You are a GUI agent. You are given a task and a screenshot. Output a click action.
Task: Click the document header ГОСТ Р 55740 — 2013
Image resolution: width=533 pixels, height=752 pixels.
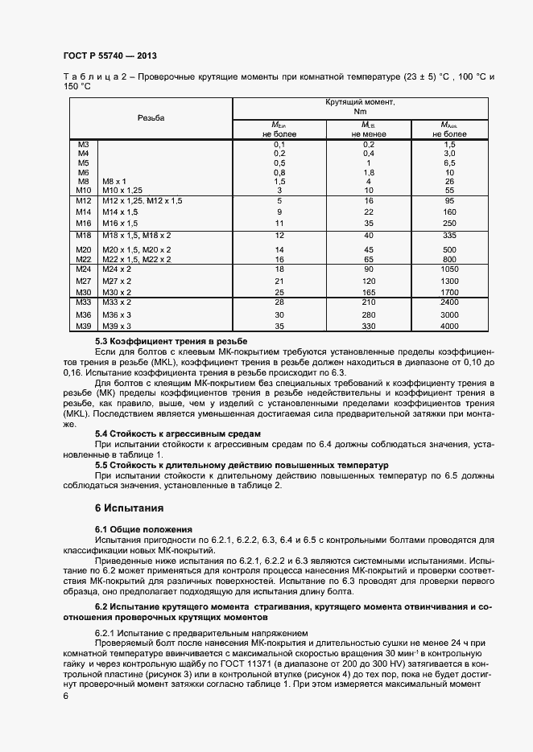pyautogui.click(x=109, y=56)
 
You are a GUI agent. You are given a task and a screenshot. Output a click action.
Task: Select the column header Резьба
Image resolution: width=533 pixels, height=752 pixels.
pyautogui.click(x=151, y=117)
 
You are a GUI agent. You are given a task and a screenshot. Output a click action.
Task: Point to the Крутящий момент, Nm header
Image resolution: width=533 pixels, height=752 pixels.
pyautogui.click(x=360, y=107)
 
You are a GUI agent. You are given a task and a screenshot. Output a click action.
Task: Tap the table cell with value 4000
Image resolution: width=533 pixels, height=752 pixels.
pyautogui.click(x=449, y=326)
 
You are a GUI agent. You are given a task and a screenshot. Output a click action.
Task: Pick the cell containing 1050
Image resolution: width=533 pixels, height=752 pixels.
pyautogui.click(x=449, y=269)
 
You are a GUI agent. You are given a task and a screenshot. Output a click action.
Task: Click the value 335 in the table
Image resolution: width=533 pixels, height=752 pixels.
pyautogui.click(x=449, y=235)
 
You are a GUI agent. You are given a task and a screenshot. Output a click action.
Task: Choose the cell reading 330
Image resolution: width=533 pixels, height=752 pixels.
pyautogui.click(x=370, y=326)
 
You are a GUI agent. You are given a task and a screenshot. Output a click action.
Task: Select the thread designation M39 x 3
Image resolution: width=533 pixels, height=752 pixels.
pyautogui.click(x=118, y=326)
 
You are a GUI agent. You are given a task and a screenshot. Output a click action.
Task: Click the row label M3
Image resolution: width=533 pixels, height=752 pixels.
pyautogui.click(x=83, y=144)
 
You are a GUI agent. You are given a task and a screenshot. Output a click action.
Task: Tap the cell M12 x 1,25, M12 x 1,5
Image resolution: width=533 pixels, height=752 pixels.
pyautogui.click(x=142, y=200)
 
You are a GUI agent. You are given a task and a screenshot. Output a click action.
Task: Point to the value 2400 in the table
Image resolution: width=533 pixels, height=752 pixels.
pyautogui.click(x=449, y=302)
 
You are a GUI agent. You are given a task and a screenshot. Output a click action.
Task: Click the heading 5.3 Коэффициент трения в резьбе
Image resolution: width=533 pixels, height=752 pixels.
pyautogui.click(x=159, y=342)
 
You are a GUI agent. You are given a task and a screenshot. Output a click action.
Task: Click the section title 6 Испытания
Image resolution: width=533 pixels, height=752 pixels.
pyautogui.click(x=130, y=508)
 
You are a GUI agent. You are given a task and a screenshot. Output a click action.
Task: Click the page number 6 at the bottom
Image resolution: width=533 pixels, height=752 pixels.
pyautogui.click(x=65, y=697)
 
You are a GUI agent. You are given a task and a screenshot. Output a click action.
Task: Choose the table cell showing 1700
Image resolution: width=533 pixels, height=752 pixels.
pyautogui.click(x=449, y=292)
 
